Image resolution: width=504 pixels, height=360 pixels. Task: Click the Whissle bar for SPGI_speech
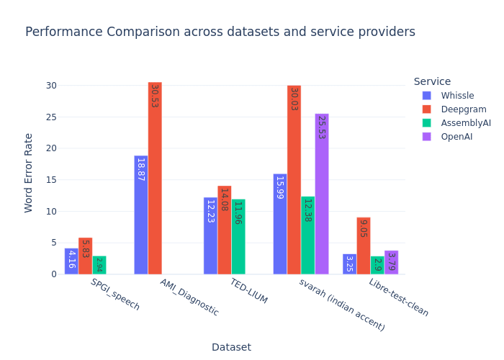[71, 261]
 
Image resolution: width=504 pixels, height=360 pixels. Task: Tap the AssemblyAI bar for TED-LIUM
[238, 237]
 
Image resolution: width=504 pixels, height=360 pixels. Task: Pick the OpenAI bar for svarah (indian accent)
[322, 194]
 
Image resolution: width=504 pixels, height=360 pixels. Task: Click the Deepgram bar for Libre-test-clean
[364, 246]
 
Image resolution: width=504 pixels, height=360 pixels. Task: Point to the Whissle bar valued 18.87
[141, 215]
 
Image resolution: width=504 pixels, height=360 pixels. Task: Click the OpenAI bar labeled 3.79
[391, 263]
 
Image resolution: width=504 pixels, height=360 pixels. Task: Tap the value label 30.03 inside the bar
[294, 99]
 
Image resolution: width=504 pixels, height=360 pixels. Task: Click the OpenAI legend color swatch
[427, 137]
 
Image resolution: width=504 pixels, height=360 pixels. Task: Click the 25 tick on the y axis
[50, 117]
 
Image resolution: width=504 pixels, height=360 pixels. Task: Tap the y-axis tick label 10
[50, 211]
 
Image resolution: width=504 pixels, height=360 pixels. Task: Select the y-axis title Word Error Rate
[29, 173]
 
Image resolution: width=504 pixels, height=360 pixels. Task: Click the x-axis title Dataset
[231, 347]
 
